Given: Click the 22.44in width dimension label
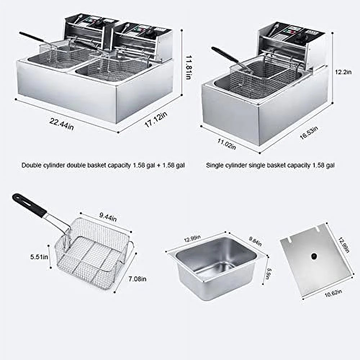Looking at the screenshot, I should click(x=62, y=123).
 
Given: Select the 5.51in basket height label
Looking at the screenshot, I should click(x=39, y=257).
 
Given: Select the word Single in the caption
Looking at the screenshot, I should click(x=214, y=165).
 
